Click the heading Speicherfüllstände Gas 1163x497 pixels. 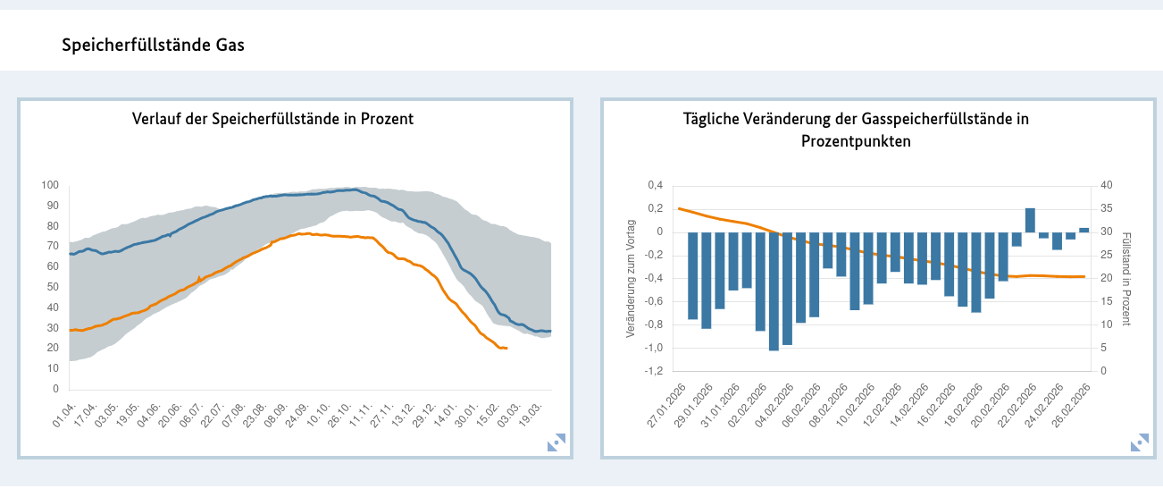pyautogui.click(x=153, y=46)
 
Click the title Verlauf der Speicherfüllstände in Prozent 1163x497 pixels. pyautogui.click(x=272, y=119)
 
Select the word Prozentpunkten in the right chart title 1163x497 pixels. pyautogui.click(x=856, y=141)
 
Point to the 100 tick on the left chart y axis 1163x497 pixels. pyautogui.click(x=50, y=185)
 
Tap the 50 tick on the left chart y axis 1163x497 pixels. pyautogui.click(x=53, y=287)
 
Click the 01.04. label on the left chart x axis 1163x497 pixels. pyautogui.click(x=63, y=415)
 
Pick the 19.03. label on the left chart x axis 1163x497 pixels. pyautogui.click(x=530, y=415)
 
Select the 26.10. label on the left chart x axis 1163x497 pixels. pyautogui.click(x=339, y=415)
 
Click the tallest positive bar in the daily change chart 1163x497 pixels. pyautogui.click(x=1030, y=220)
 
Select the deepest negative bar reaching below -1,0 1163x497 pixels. pyautogui.click(x=774, y=291)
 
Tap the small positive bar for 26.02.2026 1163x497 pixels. pyautogui.click(x=1084, y=230)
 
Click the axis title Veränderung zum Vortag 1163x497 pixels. pyautogui.click(x=631, y=278)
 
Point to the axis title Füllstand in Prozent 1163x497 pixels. pyautogui.click(x=1126, y=279)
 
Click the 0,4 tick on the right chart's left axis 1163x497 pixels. pyautogui.click(x=656, y=185)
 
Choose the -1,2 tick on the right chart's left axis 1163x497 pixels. pyautogui.click(x=654, y=371)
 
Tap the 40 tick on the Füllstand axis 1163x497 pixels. pyautogui.click(x=1107, y=185)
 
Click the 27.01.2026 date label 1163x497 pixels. pyautogui.click(x=666, y=406)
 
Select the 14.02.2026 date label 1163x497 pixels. pyautogui.click(x=909, y=406)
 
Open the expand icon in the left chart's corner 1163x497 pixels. pyautogui.click(x=556, y=442)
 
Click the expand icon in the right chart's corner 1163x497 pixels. pyautogui.click(x=1140, y=442)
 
